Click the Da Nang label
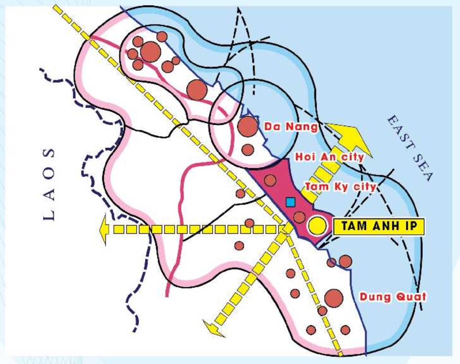click(x=290, y=127)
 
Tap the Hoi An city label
click(x=329, y=157)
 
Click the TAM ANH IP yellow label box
click(x=378, y=227)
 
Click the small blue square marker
click(x=290, y=202)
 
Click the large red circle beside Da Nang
click(x=247, y=126)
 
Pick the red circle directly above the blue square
click(x=270, y=180)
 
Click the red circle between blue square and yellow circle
click(x=299, y=217)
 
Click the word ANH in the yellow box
click(x=382, y=227)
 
